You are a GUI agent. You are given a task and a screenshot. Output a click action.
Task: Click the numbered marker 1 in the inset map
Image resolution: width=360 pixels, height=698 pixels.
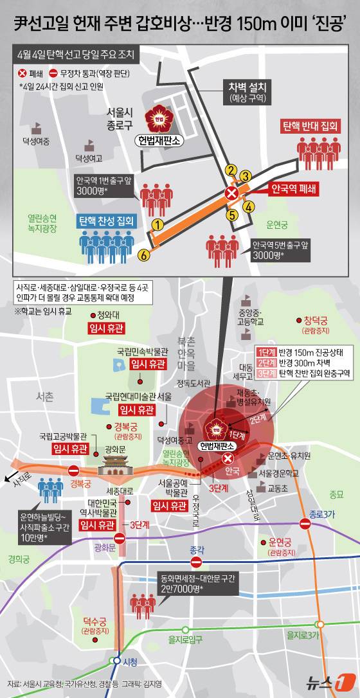156,224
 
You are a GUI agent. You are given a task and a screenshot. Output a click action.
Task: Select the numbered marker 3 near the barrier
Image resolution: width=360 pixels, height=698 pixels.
245,175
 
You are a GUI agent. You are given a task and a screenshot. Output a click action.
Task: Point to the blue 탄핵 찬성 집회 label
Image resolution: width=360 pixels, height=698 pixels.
107,220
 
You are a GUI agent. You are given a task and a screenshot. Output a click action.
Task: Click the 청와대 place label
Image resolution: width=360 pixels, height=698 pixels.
102,315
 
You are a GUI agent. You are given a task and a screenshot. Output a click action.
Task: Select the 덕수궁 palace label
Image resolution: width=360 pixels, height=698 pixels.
95,622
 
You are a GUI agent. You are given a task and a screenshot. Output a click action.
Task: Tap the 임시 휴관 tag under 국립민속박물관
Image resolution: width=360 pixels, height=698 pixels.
148,364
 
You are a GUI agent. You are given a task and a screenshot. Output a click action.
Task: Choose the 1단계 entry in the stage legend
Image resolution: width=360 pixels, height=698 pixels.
266,352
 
